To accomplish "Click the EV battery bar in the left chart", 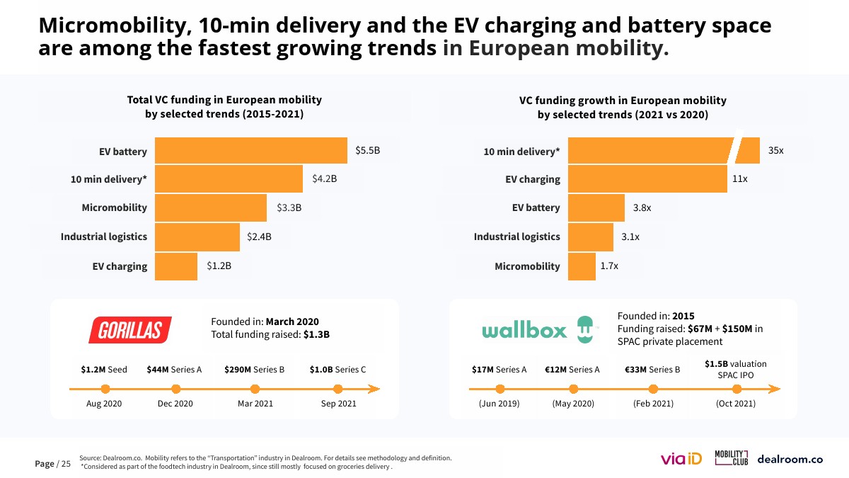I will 250,151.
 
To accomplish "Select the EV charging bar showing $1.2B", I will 175,266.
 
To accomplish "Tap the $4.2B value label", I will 324,179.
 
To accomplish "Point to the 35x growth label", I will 775,151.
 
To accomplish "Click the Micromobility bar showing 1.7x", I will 582,266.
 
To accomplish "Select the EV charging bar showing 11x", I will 647,179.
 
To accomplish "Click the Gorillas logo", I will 130,330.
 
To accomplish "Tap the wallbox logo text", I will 524,331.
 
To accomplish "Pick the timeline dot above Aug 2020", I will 105,389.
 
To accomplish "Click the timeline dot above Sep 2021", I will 338,389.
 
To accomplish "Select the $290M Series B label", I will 254,370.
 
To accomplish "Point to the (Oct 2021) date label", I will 736,404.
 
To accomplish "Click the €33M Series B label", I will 652,370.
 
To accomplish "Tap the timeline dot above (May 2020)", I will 573,389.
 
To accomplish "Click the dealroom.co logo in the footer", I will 790,459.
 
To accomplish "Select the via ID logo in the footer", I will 681,459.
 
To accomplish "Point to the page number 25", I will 66,464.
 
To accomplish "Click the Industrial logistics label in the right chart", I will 516,237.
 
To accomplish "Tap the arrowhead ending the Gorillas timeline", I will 374,389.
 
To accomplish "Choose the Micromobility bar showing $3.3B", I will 211,207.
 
